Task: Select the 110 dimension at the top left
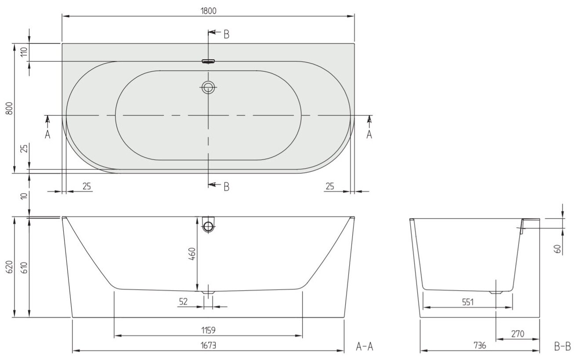pyautogui.click(x=24, y=52)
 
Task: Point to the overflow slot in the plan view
pyautogui.click(x=208, y=61)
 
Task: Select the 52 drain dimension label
pyautogui.click(x=184, y=302)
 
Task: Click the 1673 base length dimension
pyautogui.click(x=208, y=345)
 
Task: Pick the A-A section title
pyautogui.click(x=364, y=347)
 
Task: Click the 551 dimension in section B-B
pyautogui.click(x=467, y=302)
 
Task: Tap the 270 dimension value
pyautogui.click(x=518, y=334)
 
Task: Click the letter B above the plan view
pyautogui.click(x=226, y=34)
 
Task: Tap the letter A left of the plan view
pyautogui.click(x=47, y=134)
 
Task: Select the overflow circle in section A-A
pyautogui.click(x=208, y=227)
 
